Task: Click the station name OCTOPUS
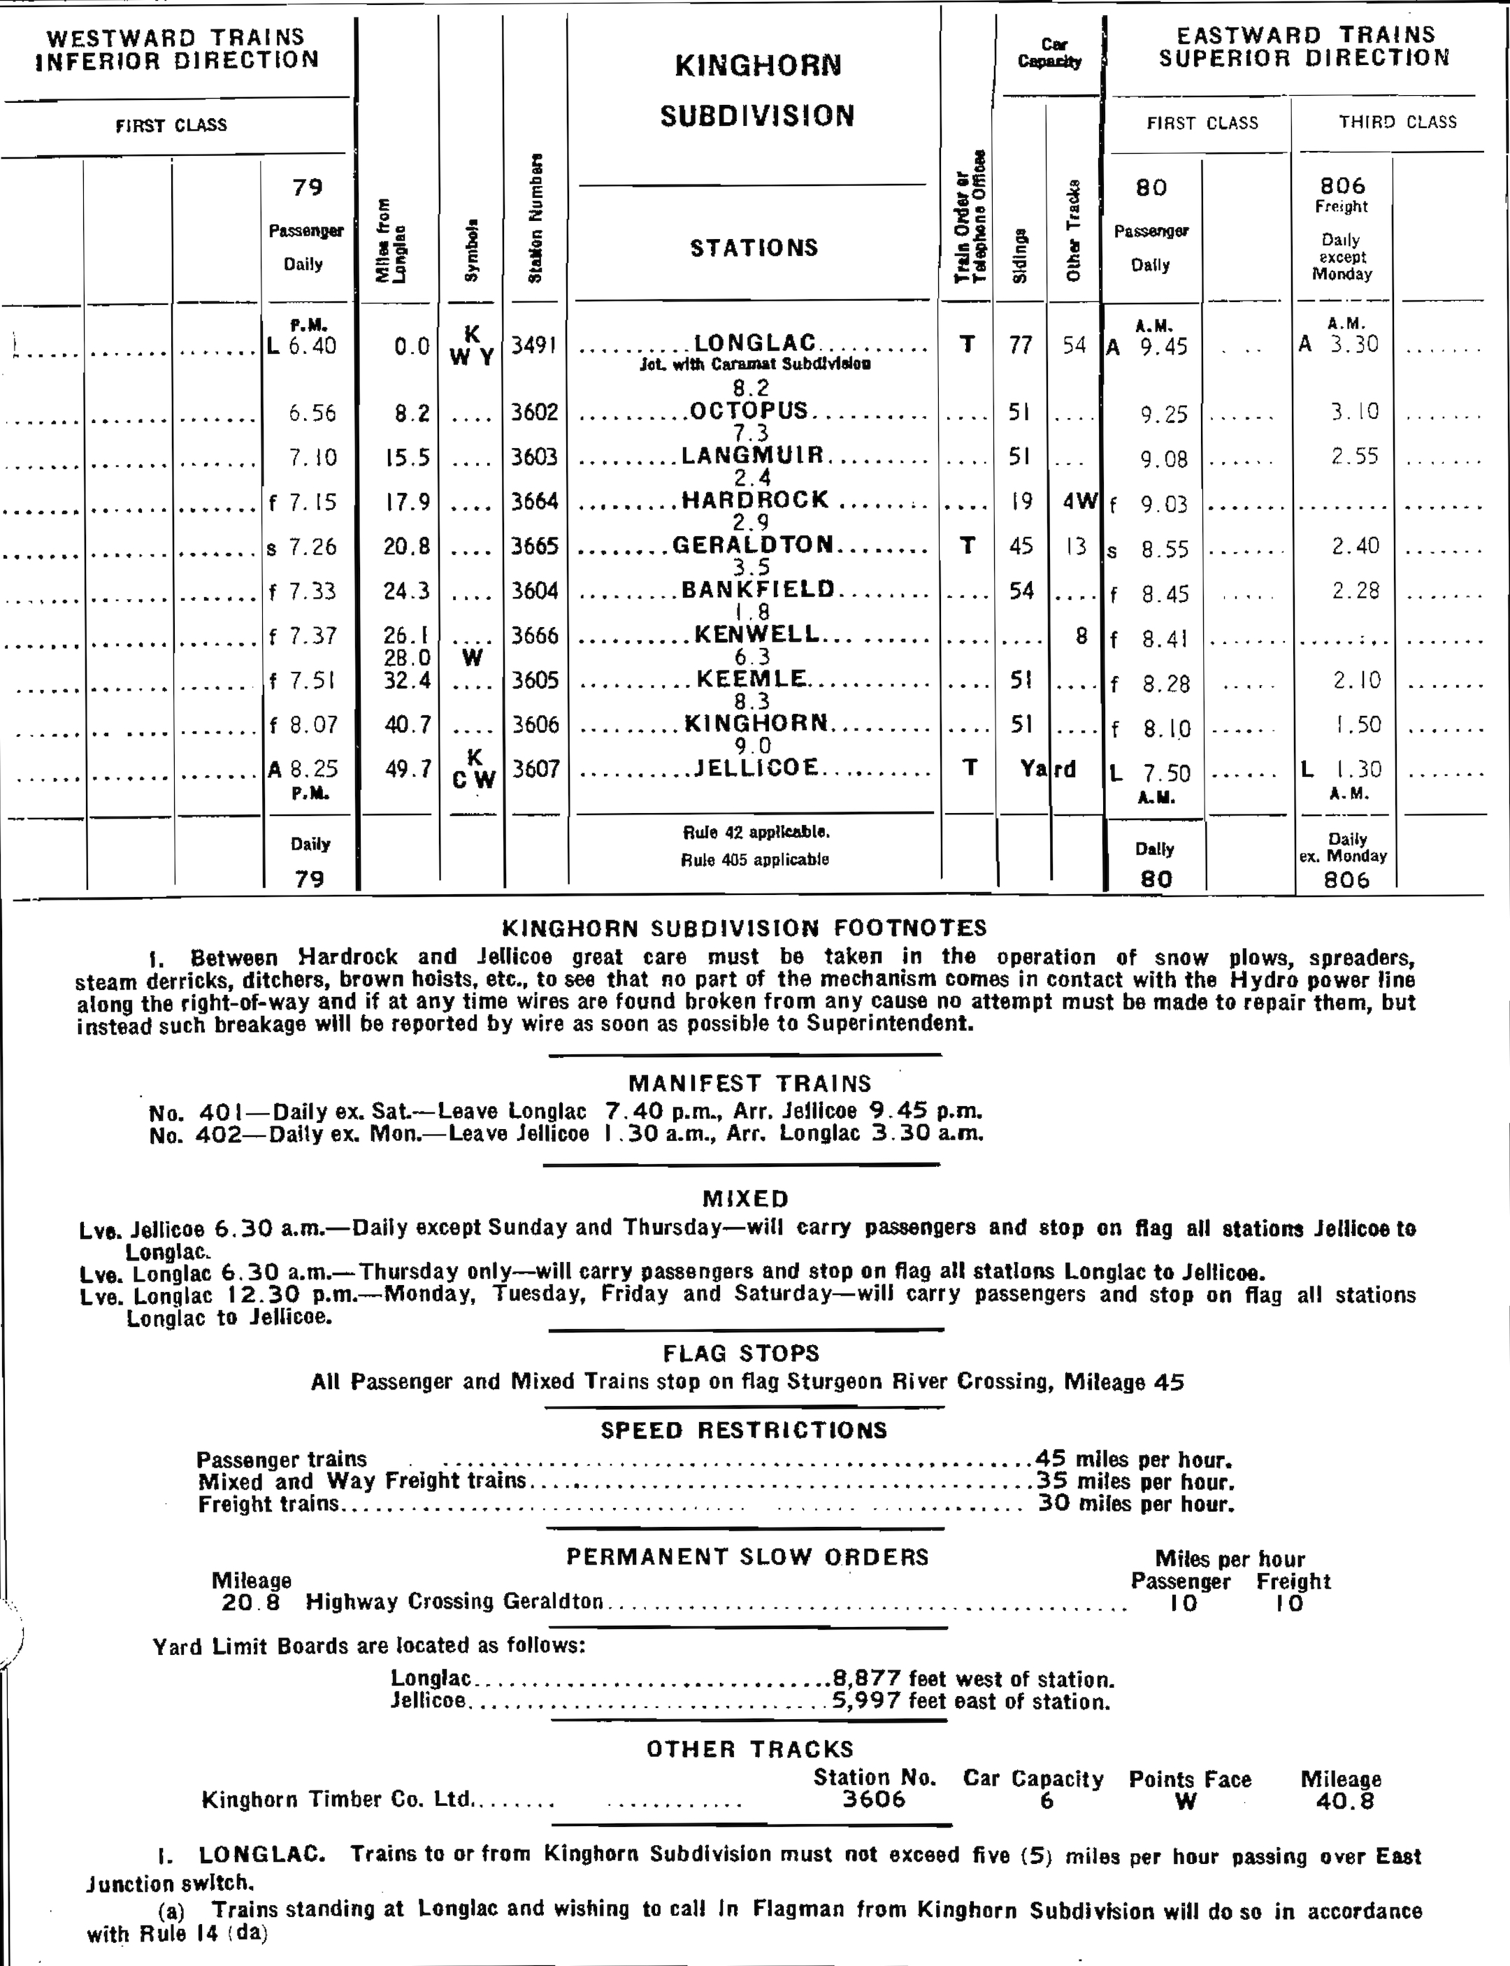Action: (x=749, y=411)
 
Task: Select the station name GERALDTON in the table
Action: (x=752, y=545)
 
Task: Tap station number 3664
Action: (x=535, y=501)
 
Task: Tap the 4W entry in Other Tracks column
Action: (x=1079, y=501)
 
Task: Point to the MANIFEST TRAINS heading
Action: (x=749, y=1083)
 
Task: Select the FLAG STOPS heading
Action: (x=742, y=1353)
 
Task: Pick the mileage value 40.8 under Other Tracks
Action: (x=1343, y=1800)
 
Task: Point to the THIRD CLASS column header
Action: (x=1397, y=122)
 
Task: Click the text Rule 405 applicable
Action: (x=754, y=859)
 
